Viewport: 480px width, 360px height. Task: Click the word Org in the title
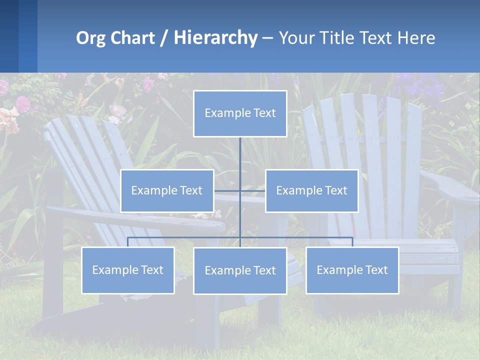90,38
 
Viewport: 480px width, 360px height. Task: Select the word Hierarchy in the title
215,38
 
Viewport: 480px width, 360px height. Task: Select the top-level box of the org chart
240,113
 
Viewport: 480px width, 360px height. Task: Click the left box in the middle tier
167,190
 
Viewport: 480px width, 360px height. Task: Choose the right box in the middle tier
312,190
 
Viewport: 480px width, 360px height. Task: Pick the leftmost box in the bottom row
128,270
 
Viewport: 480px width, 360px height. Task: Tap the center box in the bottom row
240,270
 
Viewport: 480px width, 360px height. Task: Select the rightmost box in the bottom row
352,270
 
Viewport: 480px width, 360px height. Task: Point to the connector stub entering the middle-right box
257,190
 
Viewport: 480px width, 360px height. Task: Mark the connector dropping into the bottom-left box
128,242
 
